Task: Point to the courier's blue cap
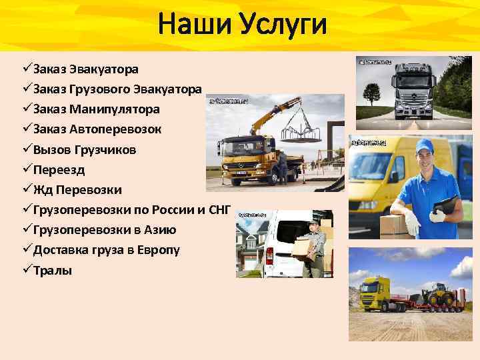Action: [425, 146]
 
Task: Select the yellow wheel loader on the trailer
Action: [441, 293]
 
